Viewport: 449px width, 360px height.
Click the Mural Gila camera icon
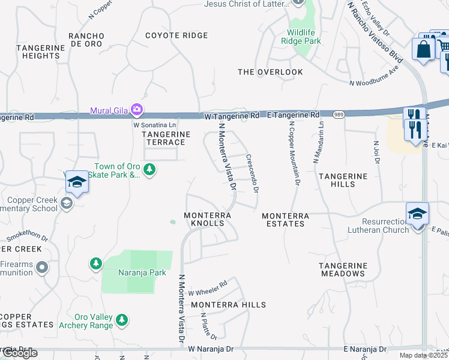(x=137, y=110)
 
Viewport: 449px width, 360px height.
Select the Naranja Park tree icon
(x=95, y=263)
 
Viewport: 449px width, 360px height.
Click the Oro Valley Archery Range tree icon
(x=122, y=320)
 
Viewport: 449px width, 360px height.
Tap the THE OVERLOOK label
(x=270, y=72)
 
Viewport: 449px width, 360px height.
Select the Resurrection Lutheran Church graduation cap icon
(x=417, y=214)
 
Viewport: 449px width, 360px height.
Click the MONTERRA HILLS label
(x=228, y=305)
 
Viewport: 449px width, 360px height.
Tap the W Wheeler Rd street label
(x=208, y=289)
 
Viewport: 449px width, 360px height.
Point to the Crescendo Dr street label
(x=252, y=173)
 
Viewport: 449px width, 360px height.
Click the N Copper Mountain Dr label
(x=294, y=152)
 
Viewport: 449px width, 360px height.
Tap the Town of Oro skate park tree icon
(x=149, y=171)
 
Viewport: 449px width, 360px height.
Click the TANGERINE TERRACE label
(x=166, y=138)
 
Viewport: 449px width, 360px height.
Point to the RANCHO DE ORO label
(x=86, y=40)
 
